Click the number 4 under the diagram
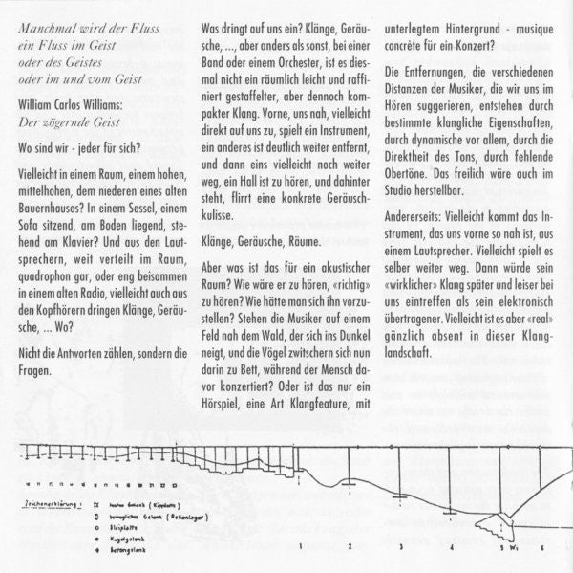448,547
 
